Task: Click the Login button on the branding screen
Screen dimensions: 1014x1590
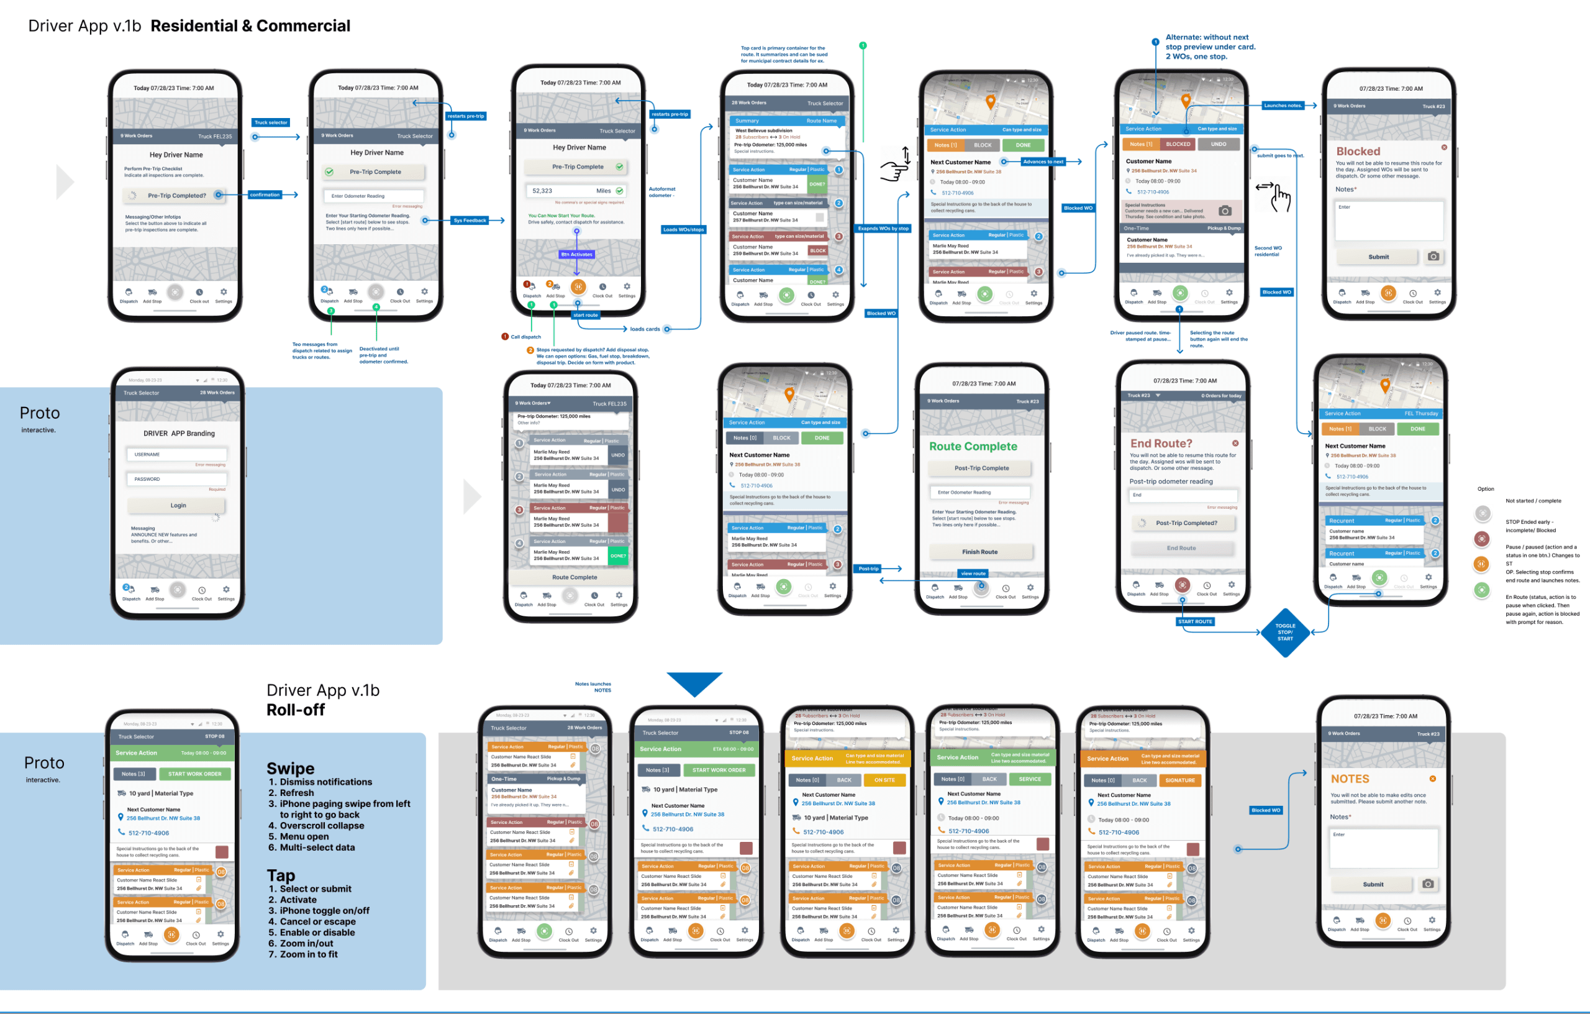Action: point(177,505)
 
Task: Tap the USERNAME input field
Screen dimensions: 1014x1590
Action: point(177,454)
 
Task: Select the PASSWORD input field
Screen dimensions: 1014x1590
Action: point(177,479)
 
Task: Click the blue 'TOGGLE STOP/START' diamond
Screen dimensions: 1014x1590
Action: point(1284,632)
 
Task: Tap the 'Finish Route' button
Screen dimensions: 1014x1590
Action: point(980,552)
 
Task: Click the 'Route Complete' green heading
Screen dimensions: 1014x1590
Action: point(973,447)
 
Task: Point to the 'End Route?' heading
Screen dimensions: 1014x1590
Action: point(1161,443)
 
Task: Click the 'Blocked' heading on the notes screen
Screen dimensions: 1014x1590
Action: point(1358,151)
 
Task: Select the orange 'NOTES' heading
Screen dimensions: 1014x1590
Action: point(1350,779)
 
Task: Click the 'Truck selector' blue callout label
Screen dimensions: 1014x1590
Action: point(271,122)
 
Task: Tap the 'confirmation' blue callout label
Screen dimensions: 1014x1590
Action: point(265,195)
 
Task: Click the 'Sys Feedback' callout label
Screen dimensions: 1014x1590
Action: point(470,221)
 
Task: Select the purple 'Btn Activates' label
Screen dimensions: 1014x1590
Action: point(576,254)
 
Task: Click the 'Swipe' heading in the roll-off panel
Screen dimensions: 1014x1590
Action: point(291,768)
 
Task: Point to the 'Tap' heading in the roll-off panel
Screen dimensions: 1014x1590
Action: point(281,875)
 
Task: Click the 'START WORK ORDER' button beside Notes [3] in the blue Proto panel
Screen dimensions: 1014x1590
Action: point(195,774)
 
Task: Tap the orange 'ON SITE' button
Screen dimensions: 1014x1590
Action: point(884,780)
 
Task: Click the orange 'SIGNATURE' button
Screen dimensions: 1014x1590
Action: point(1179,780)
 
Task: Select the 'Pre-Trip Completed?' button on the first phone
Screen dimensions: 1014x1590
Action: point(176,196)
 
